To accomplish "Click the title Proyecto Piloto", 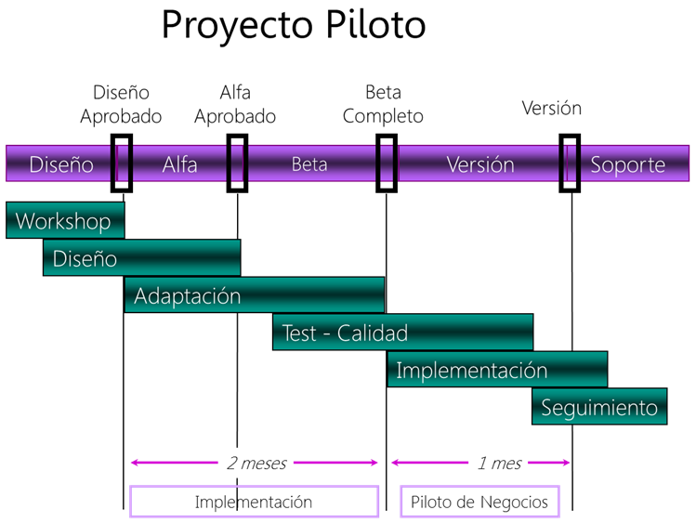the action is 294,25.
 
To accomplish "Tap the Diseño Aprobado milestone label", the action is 121,105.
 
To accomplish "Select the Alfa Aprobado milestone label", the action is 235,105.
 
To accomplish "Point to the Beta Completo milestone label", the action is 383,105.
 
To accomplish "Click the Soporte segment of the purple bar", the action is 627,164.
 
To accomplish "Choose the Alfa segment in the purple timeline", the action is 179,164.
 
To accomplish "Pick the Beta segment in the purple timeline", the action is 309,164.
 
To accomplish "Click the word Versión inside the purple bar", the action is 480,164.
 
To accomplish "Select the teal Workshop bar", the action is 65,220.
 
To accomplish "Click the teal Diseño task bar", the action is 141,257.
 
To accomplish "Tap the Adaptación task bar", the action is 255,295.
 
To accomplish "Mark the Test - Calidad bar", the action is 403,333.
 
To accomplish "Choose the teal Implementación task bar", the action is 497,369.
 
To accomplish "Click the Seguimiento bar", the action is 599,406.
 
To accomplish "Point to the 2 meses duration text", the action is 256,464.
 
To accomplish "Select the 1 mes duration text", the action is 499,464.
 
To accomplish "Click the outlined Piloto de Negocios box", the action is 479,486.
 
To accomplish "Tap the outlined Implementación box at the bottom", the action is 254,486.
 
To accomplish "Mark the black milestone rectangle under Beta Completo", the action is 377,163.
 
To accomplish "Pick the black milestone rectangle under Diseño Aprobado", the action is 112,163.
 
